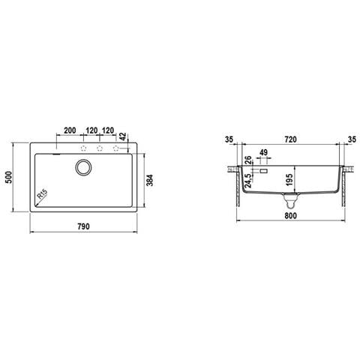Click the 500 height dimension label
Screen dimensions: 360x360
9,177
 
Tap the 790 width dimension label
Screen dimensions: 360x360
83,226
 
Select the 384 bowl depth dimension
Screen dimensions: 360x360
149,180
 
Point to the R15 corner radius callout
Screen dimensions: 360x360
42,194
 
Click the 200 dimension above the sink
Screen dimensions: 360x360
70,130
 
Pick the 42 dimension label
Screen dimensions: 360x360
123,136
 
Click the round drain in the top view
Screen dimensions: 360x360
83,167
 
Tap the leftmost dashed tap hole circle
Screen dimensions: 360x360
83,148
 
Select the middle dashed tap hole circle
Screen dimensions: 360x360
100,148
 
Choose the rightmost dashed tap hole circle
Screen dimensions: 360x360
116,148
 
